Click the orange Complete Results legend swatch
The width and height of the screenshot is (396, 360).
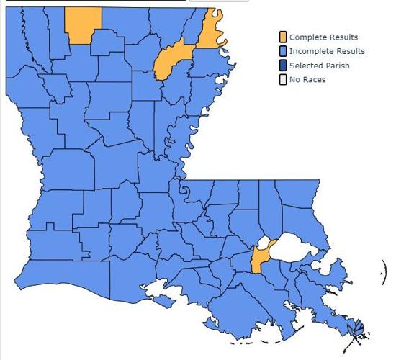pyautogui.click(x=283, y=37)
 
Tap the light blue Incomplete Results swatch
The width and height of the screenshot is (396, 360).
pyautogui.click(x=283, y=51)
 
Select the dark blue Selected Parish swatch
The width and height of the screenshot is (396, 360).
pyautogui.click(x=283, y=65)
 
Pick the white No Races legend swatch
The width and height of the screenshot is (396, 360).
pyautogui.click(x=283, y=78)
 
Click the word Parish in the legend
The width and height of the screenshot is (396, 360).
pyautogui.click(x=336, y=65)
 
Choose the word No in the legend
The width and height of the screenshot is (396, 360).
pyautogui.click(x=294, y=79)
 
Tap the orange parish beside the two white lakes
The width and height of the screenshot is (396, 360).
pyautogui.click(x=258, y=260)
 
